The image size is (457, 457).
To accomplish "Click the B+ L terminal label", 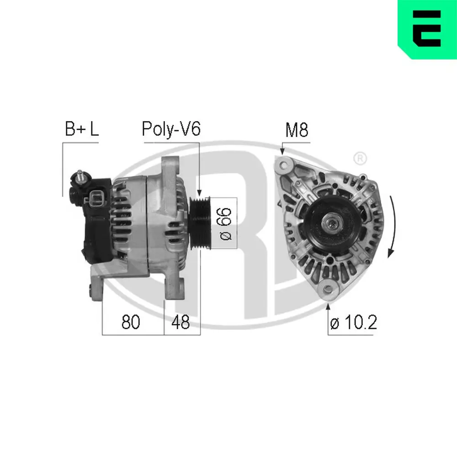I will pos(81,129).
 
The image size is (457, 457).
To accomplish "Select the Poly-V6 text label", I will pos(171,129).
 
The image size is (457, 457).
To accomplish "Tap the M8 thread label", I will pos(297,130).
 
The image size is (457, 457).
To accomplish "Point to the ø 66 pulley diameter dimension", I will pos(227,223).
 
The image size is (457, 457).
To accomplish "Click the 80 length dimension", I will pos(131,323).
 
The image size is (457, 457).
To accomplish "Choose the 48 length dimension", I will pos(180,323).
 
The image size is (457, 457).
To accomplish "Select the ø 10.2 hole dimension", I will pos(353,324).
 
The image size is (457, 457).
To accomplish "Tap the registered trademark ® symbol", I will pos(360,159).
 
